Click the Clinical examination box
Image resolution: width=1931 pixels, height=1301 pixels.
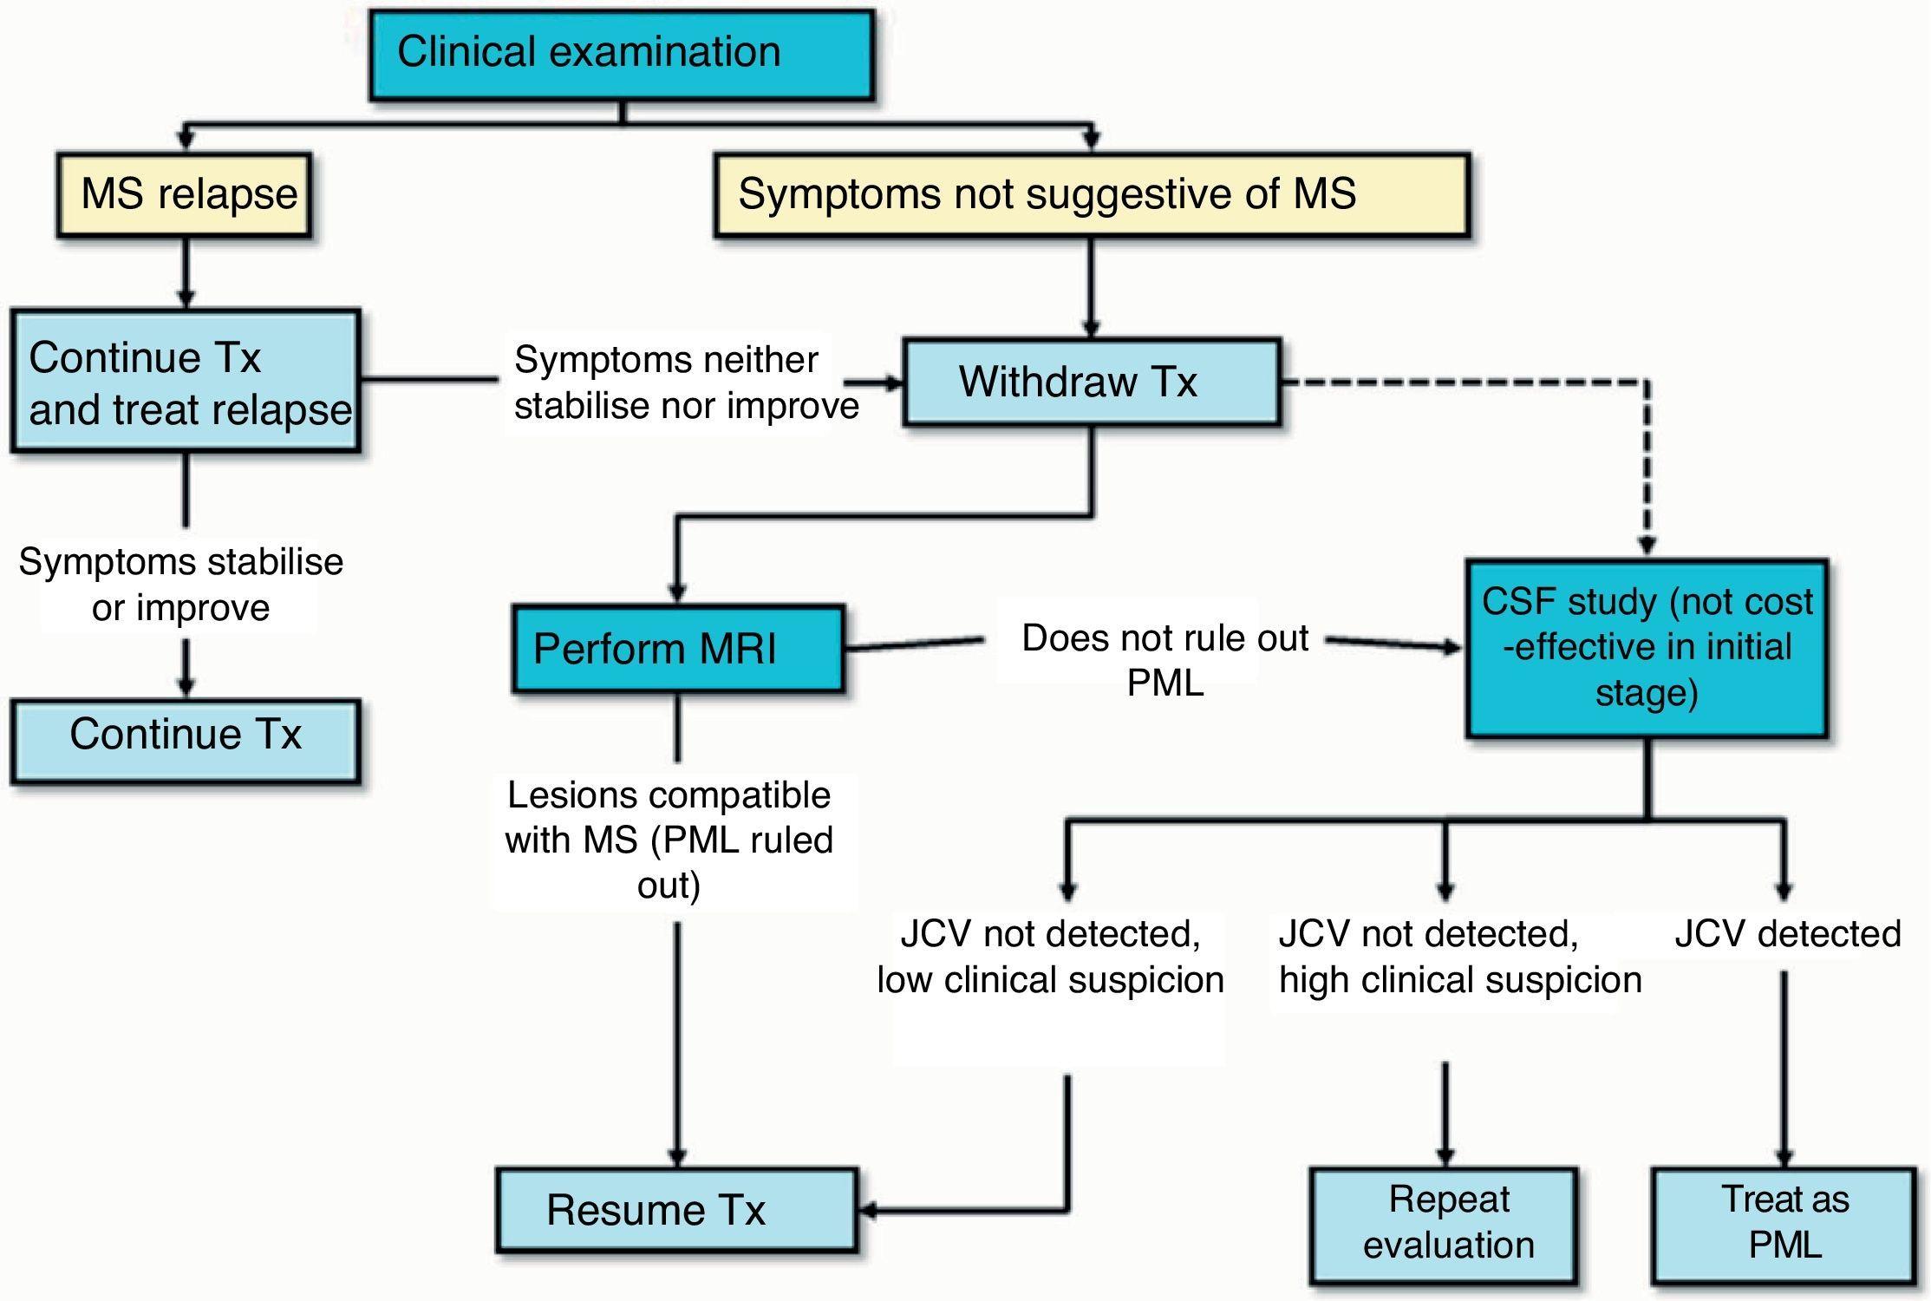click(621, 55)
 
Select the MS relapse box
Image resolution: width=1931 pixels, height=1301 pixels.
click(184, 195)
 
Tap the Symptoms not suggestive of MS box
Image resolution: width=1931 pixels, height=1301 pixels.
click(1091, 195)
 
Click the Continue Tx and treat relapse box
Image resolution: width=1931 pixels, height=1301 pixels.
click(186, 382)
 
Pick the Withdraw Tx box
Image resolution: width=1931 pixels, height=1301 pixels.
click(1091, 382)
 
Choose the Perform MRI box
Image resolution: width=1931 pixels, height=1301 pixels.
click(677, 649)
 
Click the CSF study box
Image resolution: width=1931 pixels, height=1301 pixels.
click(1646, 648)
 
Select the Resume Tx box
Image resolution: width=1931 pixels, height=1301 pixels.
click(677, 1210)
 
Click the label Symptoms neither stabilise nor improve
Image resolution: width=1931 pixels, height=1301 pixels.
click(685, 382)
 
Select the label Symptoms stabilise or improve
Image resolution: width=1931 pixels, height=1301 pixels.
click(180, 585)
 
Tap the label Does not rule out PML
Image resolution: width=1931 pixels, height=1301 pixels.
click(1164, 660)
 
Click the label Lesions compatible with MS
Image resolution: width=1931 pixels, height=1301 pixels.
click(669, 840)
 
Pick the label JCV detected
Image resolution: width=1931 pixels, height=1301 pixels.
click(1786, 934)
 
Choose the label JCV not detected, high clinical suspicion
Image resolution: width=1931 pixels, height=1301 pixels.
click(1459, 957)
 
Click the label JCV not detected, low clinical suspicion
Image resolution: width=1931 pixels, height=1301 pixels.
click(1050, 957)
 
